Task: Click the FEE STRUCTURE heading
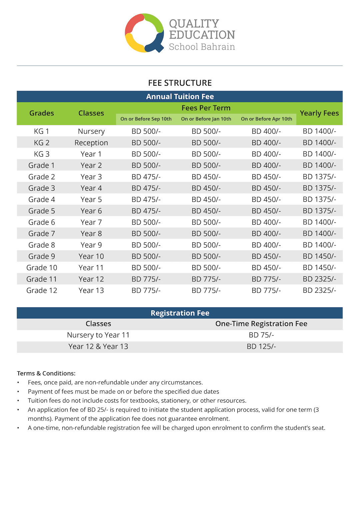pyautogui.click(x=180, y=83)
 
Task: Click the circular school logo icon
pyautogui.click(x=144, y=33)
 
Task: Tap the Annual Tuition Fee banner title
pyautogui.click(x=180, y=97)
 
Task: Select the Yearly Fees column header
pyautogui.click(x=319, y=113)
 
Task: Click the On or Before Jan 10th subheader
pyautogui.click(x=206, y=119)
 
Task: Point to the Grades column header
pyautogui.click(x=42, y=113)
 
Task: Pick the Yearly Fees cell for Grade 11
pyautogui.click(x=319, y=279)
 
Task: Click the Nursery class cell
pyautogui.click(x=91, y=131)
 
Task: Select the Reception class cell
pyautogui.click(x=91, y=143)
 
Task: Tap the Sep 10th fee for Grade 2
pyautogui.click(x=146, y=177)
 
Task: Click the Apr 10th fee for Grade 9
pyautogui.click(x=266, y=256)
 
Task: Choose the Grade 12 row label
pyautogui.click(x=42, y=291)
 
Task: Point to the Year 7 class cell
pyautogui.click(x=91, y=222)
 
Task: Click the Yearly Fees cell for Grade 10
pyautogui.click(x=319, y=268)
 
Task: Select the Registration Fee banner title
pyautogui.click(x=180, y=313)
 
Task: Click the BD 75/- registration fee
pyautogui.click(x=261, y=335)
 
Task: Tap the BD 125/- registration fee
pyautogui.click(x=261, y=347)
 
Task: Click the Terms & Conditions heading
pyautogui.click(x=46, y=373)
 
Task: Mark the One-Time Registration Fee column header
pyautogui.click(x=261, y=324)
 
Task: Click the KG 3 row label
pyautogui.click(x=42, y=154)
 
